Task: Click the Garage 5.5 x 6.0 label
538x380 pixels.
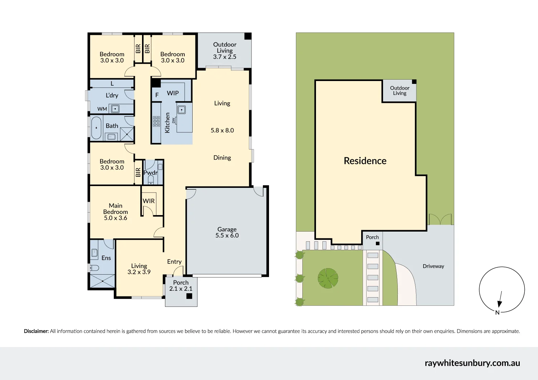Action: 227,232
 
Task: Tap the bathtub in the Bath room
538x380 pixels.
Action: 96,128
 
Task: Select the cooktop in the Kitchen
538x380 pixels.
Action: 156,121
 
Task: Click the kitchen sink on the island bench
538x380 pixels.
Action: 181,110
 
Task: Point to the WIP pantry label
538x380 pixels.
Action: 173,93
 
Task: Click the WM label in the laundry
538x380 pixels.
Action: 102,109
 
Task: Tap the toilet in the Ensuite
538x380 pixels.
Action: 94,268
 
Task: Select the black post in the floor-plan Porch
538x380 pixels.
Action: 189,296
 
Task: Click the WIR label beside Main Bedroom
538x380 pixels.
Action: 149,201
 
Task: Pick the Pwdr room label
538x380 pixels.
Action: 151,172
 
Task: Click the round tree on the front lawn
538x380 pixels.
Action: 328,278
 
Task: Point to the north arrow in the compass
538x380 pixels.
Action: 500,299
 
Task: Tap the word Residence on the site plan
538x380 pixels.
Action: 365,161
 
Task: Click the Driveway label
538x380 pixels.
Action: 433,266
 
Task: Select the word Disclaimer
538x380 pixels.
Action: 36,331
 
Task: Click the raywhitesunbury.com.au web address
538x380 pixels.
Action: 472,363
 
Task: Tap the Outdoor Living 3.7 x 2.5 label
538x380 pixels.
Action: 225,51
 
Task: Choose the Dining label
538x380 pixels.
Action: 222,158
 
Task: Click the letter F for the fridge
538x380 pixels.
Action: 157,95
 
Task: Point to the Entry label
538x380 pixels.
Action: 174,262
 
